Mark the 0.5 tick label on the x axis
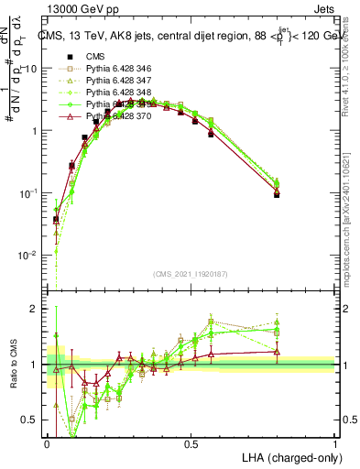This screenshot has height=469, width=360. (191, 443)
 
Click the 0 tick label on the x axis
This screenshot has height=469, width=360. (47, 443)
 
